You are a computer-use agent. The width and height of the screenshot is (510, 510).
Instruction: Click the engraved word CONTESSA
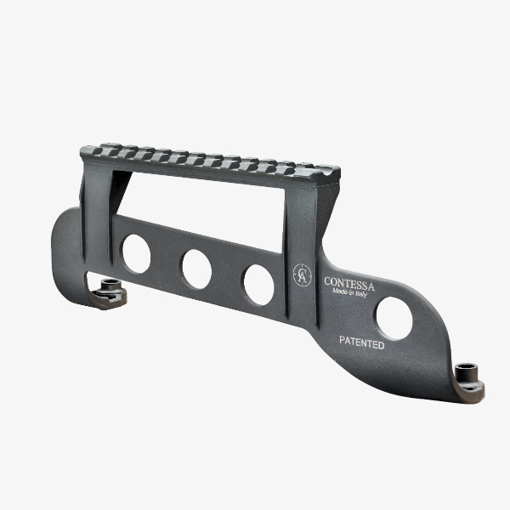coord(349,284)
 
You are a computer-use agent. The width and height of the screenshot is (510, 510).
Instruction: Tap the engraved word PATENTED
coord(362,343)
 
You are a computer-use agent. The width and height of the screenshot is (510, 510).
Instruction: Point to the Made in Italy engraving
coord(349,292)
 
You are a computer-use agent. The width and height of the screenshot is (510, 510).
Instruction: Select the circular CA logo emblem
coord(302,275)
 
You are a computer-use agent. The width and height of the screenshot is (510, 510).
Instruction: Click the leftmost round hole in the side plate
coord(136,253)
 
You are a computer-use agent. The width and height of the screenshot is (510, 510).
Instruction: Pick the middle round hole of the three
coord(197,269)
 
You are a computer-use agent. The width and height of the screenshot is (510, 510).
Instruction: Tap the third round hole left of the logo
coord(259,285)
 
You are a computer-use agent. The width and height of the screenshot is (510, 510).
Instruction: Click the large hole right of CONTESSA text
coord(394,319)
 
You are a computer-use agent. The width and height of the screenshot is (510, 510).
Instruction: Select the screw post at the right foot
coord(467,374)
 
